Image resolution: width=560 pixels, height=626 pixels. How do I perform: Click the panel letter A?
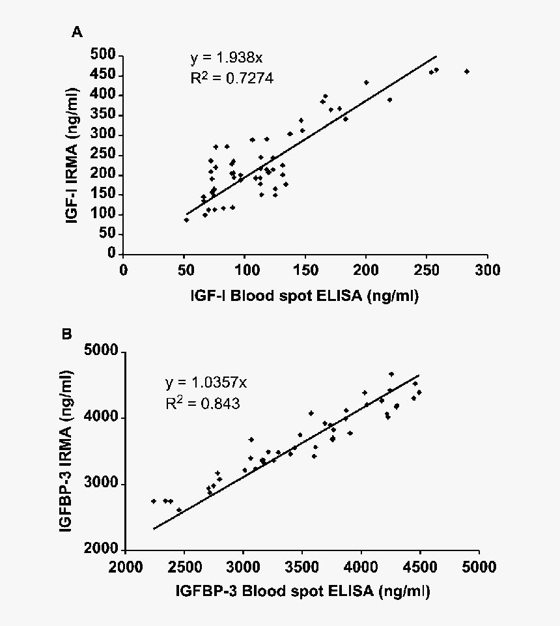tap(77, 33)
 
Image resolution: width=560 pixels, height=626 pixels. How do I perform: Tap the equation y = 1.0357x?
tap(204, 382)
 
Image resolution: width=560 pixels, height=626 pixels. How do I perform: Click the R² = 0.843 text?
tap(203, 404)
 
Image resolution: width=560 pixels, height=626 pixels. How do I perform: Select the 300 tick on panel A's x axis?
tap(486, 269)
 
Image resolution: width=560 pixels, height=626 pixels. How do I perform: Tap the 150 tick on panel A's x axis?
tap(305, 269)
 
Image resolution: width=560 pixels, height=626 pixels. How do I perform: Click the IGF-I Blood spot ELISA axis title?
tap(304, 296)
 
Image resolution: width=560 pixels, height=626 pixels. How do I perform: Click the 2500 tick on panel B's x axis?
tap(185, 565)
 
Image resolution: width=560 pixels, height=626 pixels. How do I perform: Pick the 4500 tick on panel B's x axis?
tap(420, 565)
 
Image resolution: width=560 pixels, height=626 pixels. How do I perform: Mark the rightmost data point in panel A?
tap(466, 72)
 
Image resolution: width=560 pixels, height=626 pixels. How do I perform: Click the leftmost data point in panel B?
tap(154, 501)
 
